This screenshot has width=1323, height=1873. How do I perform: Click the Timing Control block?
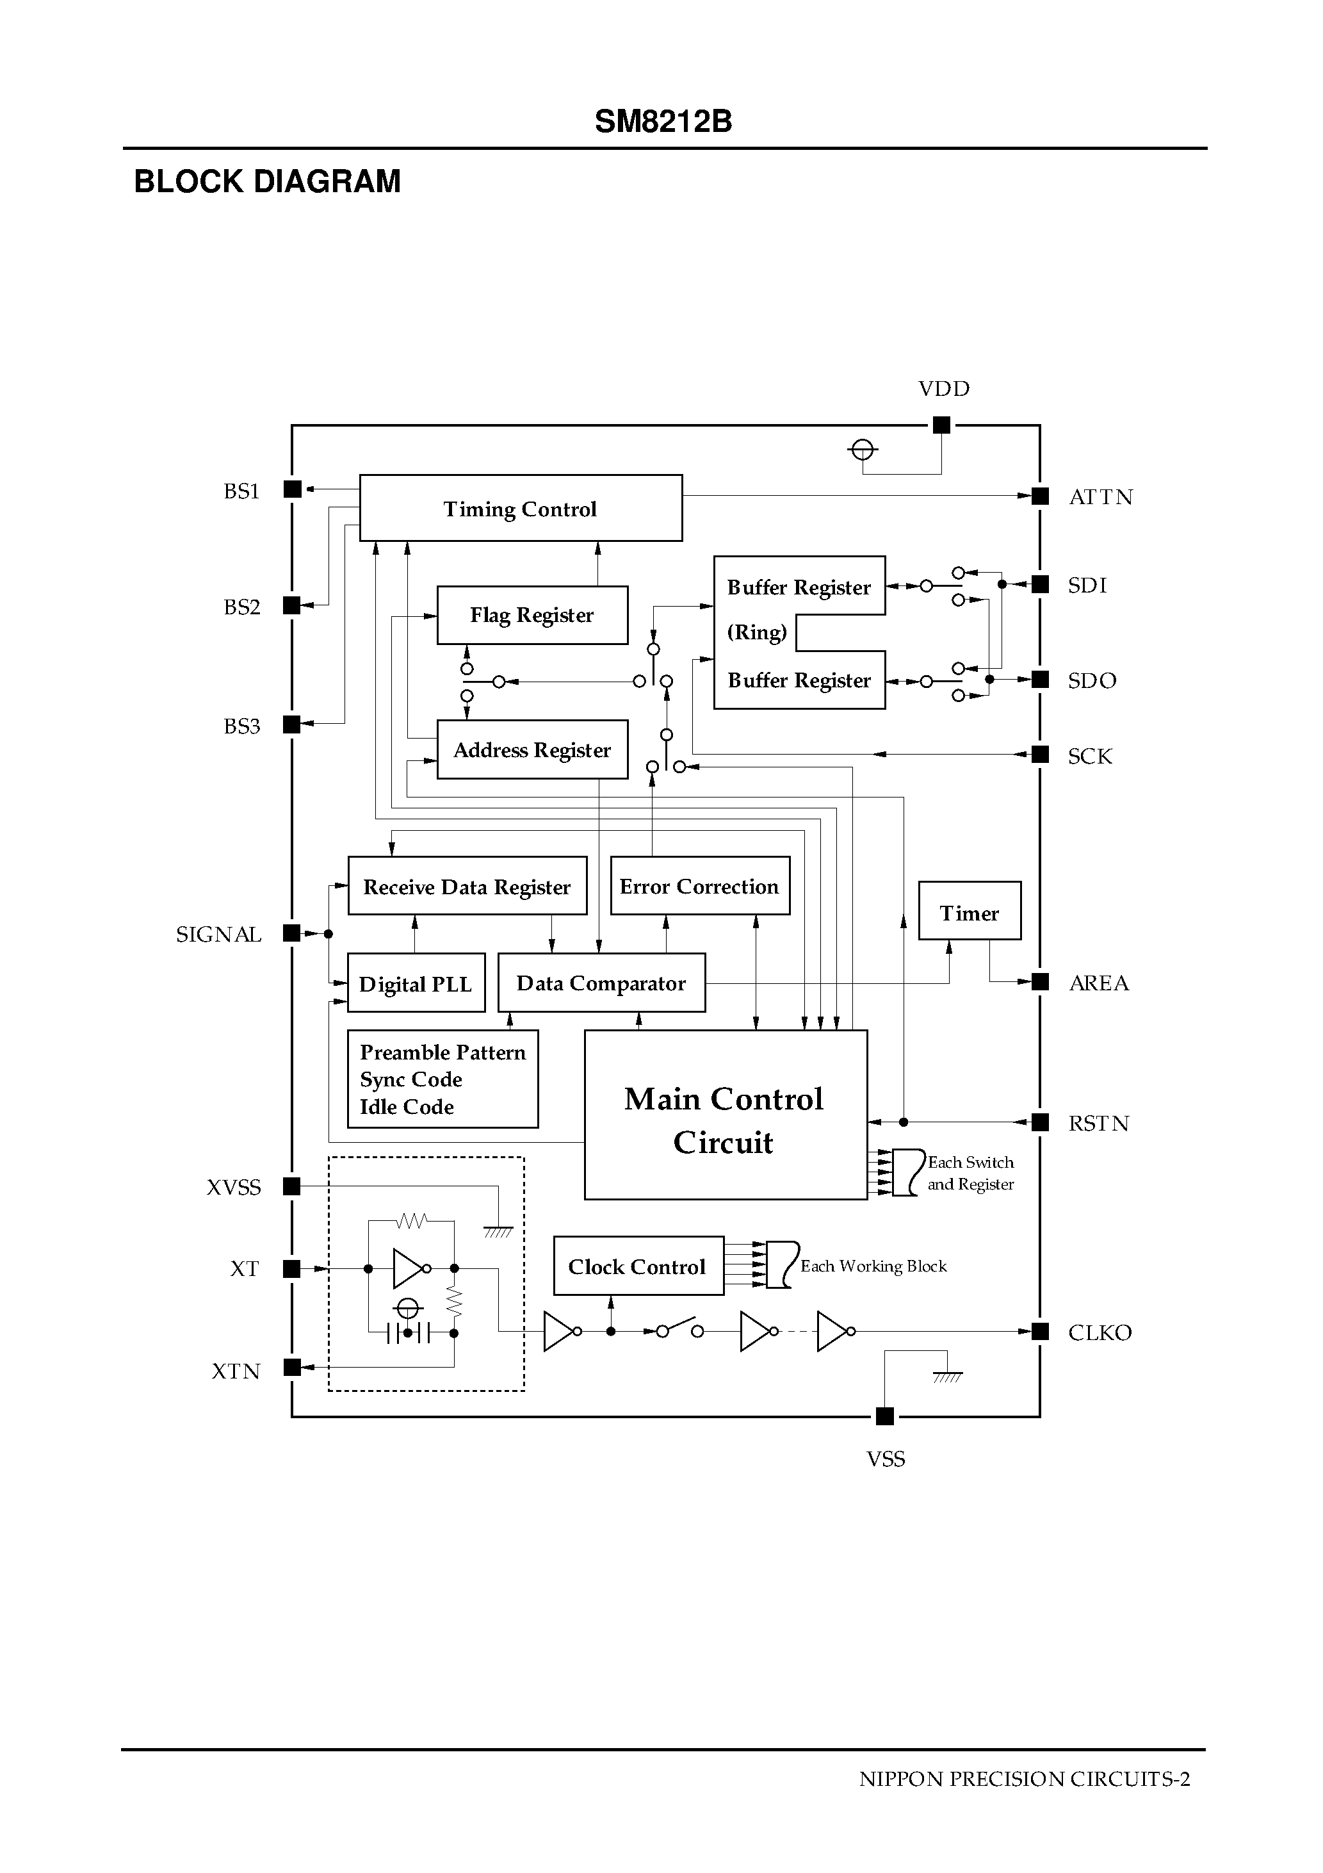coord(521,507)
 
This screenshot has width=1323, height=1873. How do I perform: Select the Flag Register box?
coord(532,615)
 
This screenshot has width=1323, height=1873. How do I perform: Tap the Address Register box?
coord(532,749)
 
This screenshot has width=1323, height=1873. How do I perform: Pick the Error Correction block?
coord(699,886)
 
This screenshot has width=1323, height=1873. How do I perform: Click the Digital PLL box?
coord(415,983)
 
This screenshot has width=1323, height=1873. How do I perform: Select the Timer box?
coord(969,912)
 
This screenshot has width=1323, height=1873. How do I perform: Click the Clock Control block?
coord(637,1266)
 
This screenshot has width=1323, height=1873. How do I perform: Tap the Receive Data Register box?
coord(467,886)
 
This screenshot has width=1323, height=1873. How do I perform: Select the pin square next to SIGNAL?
coord(291,933)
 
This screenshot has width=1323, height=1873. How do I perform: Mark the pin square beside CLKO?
coord(1040,1331)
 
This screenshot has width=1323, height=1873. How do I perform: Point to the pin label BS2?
coord(241,607)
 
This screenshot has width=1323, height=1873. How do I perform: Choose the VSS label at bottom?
coord(885,1459)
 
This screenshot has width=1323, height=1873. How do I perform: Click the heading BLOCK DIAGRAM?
coord(267,181)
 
